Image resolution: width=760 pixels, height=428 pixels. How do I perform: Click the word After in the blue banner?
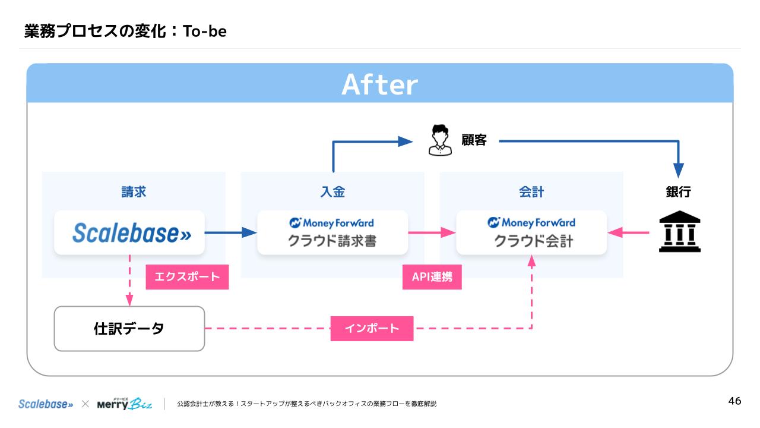point(379,84)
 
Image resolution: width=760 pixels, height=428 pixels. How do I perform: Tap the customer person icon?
point(440,140)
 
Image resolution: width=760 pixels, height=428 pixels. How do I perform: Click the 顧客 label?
point(474,140)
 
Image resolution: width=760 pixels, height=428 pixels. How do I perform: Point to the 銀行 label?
point(678,192)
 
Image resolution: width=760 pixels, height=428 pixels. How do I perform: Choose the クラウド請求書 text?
point(332,241)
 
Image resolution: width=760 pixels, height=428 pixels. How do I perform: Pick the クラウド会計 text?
point(531,241)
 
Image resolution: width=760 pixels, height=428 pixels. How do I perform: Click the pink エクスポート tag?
point(187,276)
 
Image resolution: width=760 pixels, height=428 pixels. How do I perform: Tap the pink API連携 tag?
point(432,277)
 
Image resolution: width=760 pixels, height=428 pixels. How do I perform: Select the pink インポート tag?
point(372,328)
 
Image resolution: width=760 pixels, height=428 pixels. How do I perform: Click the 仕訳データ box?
point(129,328)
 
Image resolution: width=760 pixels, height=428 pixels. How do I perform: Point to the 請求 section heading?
point(134,192)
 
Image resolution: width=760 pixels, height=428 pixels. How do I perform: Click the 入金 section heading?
point(332,192)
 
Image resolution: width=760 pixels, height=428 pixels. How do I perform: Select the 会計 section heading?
point(531,192)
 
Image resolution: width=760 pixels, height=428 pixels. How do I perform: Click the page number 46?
point(734,401)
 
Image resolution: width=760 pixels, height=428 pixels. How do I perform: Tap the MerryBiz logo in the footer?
point(124,404)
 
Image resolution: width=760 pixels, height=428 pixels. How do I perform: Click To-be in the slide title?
point(205,31)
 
